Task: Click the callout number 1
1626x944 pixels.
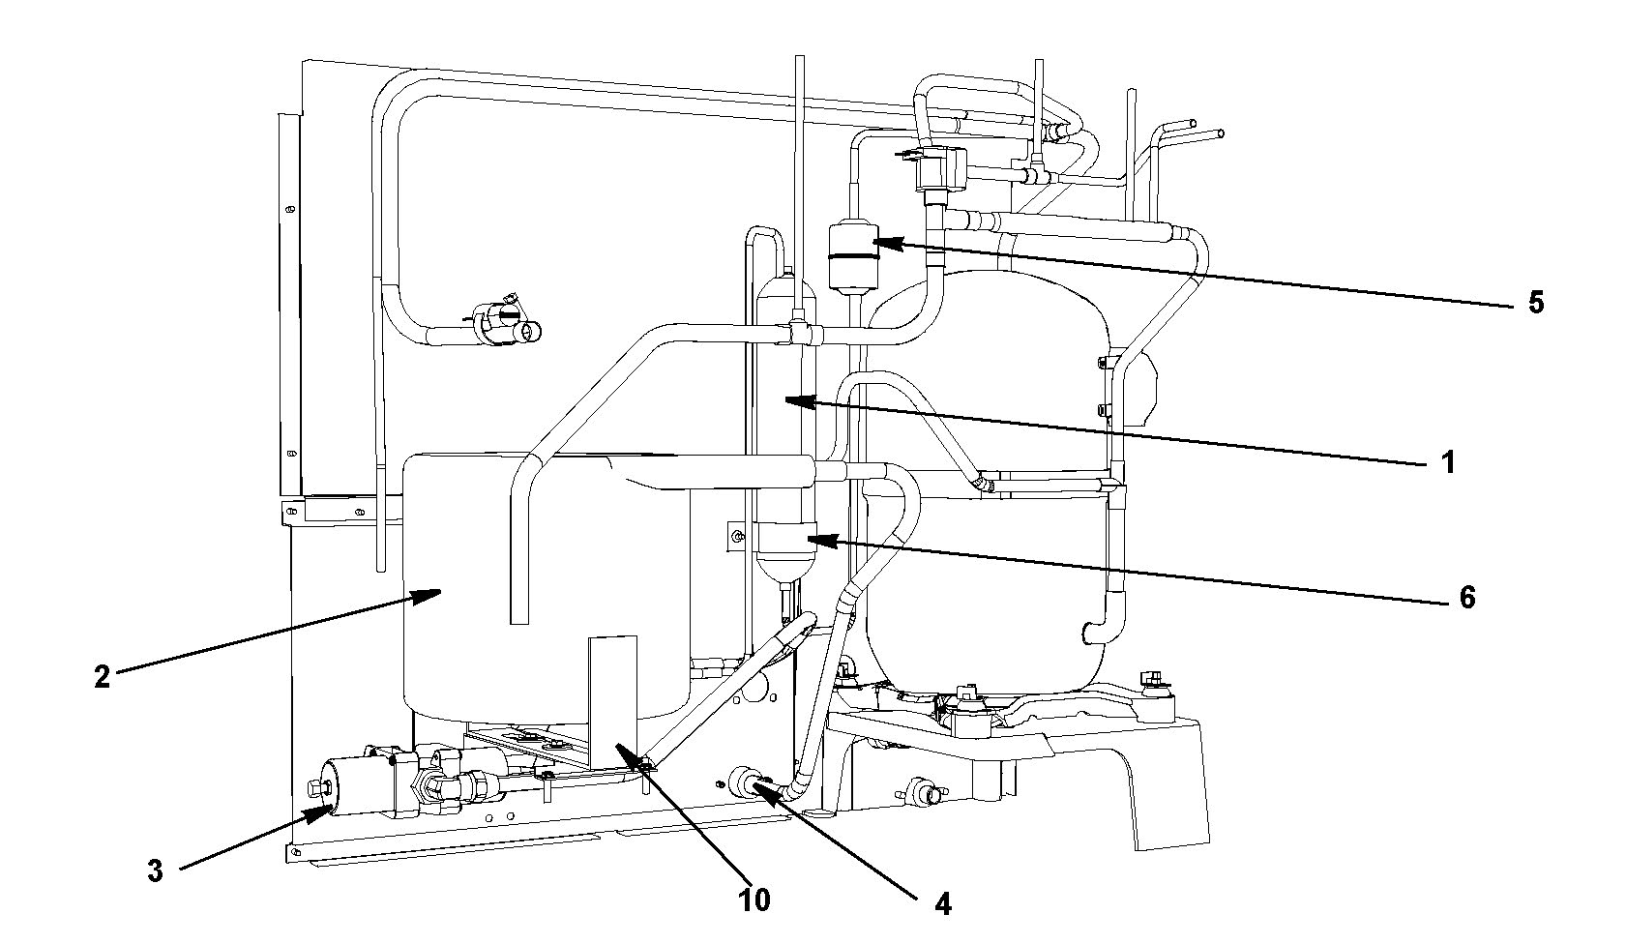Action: [x=1447, y=461]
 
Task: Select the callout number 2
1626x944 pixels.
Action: [x=102, y=676]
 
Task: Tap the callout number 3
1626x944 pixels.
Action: [x=155, y=870]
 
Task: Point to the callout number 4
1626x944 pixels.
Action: [x=942, y=904]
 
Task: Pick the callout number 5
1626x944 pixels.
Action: [x=1535, y=302]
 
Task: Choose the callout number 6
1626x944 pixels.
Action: [x=1466, y=597]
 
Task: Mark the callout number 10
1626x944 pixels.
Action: [x=754, y=900]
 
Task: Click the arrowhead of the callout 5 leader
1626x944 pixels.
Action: [x=881, y=243]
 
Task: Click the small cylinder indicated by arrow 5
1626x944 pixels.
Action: [x=854, y=258]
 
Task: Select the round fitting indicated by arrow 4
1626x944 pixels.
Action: [x=748, y=782]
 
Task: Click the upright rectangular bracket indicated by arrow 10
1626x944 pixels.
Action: [x=612, y=701]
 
